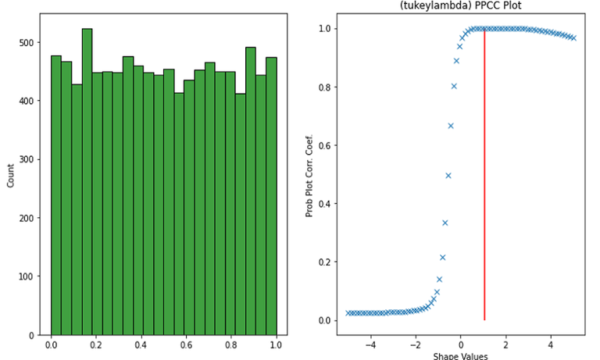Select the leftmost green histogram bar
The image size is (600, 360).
tap(56, 195)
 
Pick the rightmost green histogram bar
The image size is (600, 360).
tap(271, 196)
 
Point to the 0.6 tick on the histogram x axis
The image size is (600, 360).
tap(186, 344)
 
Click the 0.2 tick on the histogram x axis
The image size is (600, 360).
tap(96, 344)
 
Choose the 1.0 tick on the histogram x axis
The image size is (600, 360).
tap(276, 344)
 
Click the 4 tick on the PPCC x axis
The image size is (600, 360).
tap(551, 344)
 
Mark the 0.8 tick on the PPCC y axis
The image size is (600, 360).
tap(324, 87)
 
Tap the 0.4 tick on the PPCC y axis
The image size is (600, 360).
tap(324, 204)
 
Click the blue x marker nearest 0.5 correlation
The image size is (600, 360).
tap(448, 175)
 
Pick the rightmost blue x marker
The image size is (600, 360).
tap(573, 37)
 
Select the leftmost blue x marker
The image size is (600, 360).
tap(348, 313)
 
